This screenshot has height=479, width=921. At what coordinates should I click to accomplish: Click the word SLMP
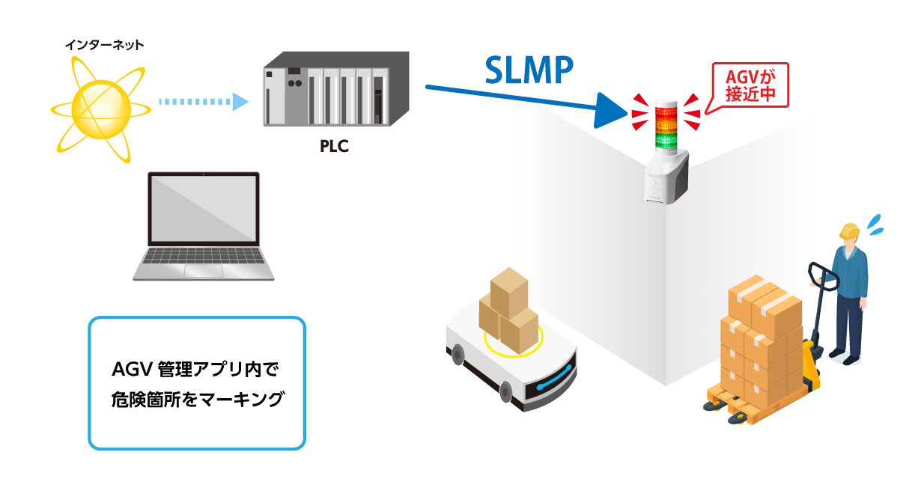[529, 70]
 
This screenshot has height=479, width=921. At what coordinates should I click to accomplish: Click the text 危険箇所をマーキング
[196, 399]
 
